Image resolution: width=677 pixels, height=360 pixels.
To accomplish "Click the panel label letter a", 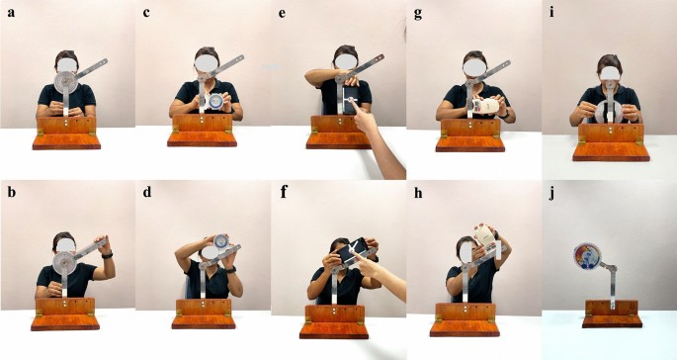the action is coord(11,12).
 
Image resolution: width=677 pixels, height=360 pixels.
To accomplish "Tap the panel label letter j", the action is coord(551,193).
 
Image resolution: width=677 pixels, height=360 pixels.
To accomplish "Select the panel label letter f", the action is coord(284,192).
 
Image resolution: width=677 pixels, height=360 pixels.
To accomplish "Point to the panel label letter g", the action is coord(417,14).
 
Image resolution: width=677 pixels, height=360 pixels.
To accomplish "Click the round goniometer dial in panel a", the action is coord(66,82).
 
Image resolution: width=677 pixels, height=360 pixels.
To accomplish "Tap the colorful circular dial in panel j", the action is coord(587,256).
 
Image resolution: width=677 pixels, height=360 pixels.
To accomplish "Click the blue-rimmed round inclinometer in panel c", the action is coord(214,102).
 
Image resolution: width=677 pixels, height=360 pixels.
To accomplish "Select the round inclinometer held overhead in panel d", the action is coord(221,241).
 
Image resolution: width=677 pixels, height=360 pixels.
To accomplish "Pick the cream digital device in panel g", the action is coord(485,106).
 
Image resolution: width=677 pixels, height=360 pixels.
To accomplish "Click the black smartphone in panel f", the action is coord(352,250).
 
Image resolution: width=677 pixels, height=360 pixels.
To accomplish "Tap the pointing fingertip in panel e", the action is coord(352,100).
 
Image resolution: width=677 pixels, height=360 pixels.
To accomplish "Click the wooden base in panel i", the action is coord(611,142).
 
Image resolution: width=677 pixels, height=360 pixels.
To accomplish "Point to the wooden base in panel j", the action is coord(612,314).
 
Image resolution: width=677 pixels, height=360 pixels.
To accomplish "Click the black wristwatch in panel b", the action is coord(107,255).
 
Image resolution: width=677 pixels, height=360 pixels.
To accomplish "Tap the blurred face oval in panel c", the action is coord(207,64).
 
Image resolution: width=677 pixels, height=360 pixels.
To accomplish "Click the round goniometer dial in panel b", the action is coord(64,263).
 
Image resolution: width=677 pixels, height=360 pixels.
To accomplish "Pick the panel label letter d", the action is coord(147,192).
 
